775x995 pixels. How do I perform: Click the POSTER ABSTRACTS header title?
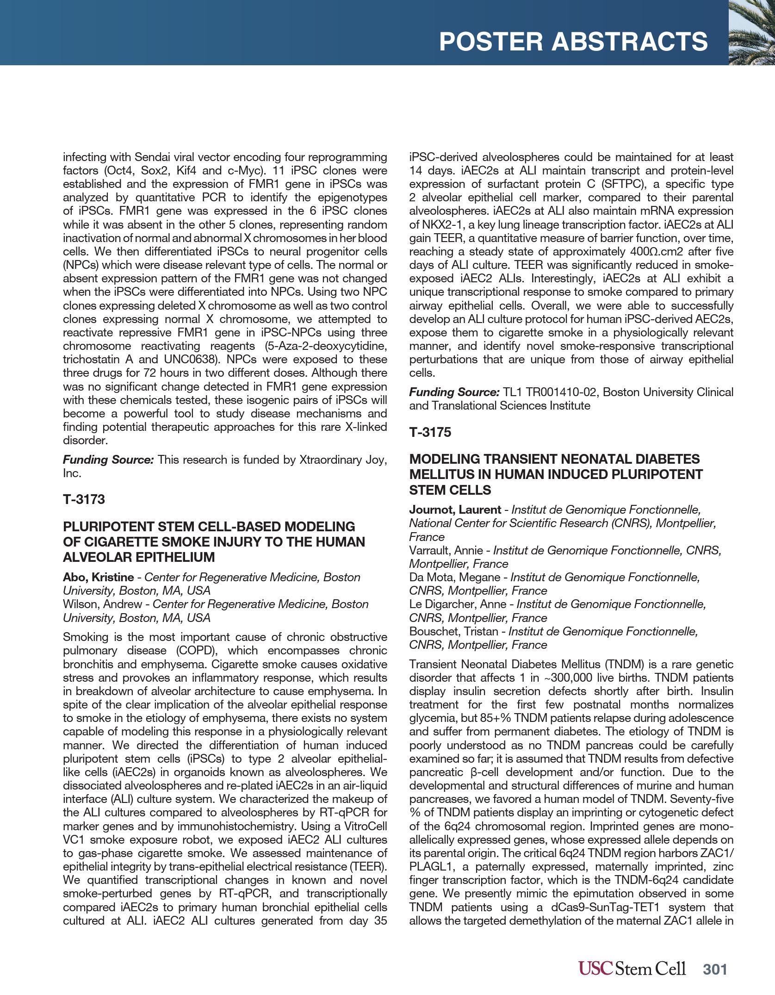pos(573,42)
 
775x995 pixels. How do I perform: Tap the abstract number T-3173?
pos(84,499)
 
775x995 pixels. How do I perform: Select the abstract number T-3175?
pos(430,432)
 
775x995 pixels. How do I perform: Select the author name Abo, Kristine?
pos(98,577)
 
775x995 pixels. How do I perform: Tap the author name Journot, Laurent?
pos(455,510)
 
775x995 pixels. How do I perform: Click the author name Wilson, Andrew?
pos(102,604)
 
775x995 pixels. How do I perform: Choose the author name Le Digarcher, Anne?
pos(458,604)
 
